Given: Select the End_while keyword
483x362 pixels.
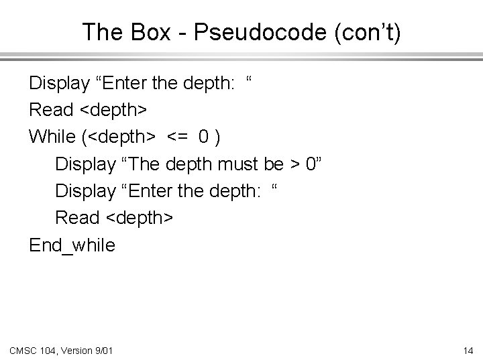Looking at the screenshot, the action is click(72, 245).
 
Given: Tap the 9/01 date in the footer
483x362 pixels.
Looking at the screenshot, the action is click(103, 349).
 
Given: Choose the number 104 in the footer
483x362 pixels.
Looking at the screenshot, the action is click(50, 349).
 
